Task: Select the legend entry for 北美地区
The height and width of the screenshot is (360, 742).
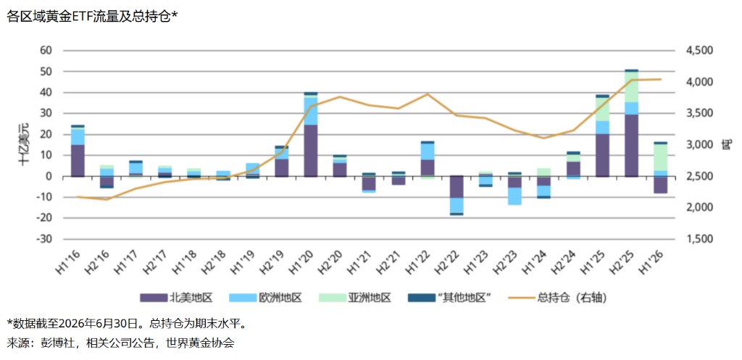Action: (x=175, y=298)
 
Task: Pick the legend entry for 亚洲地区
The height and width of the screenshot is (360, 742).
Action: (x=354, y=298)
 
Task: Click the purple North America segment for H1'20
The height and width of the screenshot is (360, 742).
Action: (x=310, y=151)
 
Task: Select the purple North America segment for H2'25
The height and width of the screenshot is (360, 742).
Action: (x=632, y=145)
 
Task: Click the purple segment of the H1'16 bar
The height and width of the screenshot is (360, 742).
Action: (x=78, y=160)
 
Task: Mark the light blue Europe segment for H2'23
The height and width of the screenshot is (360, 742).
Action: (x=515, y=196)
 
